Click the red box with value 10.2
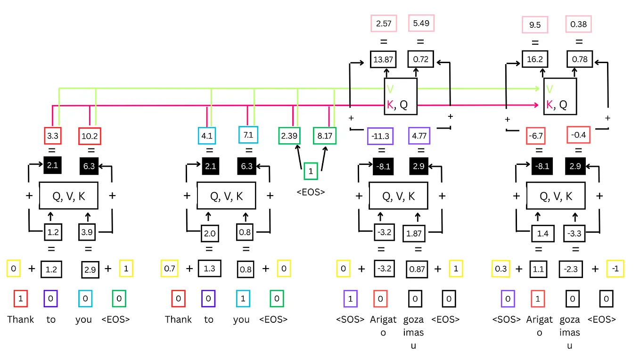[90, 136]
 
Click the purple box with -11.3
[380, 137]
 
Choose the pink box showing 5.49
[420, 23]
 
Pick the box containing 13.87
[383, 59]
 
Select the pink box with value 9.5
[535, 25]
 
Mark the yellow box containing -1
[615, 269]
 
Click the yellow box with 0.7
[170, 269]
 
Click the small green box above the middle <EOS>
[311, 171]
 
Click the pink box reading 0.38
[578, 25]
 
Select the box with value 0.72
[420, 59]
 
